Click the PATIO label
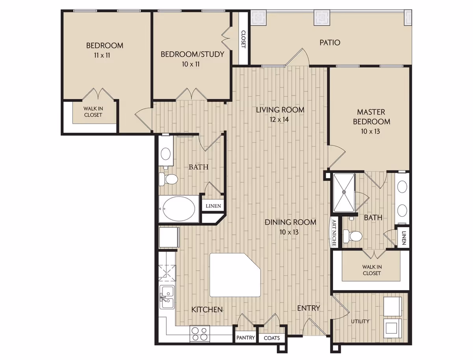pos(330,43)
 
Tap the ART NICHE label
pos(334,233)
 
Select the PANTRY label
pos(246,338)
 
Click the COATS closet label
pos(272,338)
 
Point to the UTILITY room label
pos(360,321)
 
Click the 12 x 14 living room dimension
pos(279,119)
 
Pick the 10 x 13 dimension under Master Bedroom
pos(371,131)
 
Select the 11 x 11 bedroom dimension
pos(102,55)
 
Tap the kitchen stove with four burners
pos(199,334)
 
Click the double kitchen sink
pos(167,297)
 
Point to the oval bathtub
pos(179,209)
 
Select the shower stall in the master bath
pos(344,193)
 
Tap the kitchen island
pos(235,275)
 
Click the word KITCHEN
pos(207,310)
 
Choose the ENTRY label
pos(308,308)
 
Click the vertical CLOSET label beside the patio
pos(244,39)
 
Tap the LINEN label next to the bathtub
pos(213,206)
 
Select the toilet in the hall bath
pos(168,179)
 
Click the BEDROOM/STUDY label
pos(192,54)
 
